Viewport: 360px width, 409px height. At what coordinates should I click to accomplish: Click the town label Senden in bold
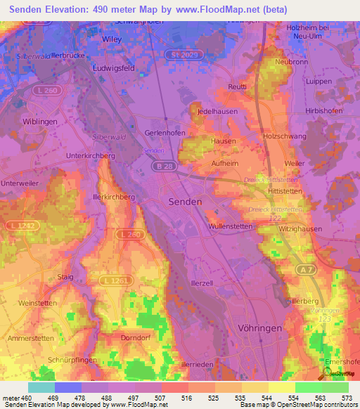[x=186, y=201]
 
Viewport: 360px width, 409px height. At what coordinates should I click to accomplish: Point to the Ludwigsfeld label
[x=114, y=69]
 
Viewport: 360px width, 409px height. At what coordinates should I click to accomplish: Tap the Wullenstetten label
[x=233, y=226]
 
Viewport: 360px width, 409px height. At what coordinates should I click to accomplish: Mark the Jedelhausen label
[x=215, y=112]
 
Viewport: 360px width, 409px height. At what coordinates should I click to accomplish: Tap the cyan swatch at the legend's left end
[x=41, y=387]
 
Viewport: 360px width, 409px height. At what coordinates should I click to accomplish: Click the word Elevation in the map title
[x=65, y=9]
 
